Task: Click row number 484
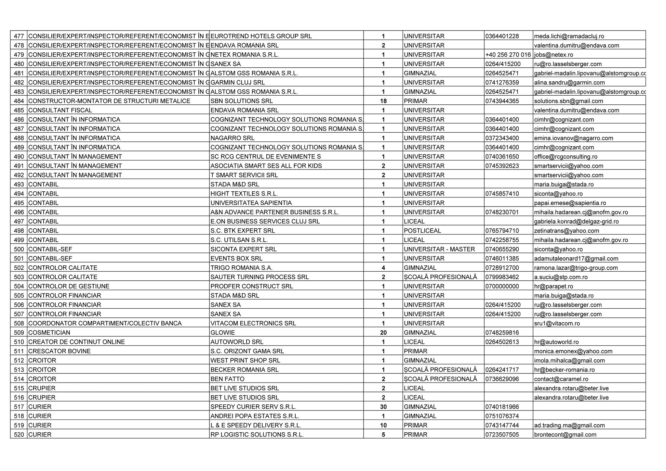(19, 101)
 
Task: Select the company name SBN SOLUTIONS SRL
(242, 101)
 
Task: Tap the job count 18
(383, 101)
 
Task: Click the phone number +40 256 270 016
(508, 55)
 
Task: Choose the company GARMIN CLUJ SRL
(238, 83)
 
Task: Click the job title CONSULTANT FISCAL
(60, 110)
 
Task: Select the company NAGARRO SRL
(233, 138)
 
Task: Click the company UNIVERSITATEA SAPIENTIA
(251, 203)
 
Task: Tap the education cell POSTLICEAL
(422, 231)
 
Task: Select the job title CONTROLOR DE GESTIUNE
(69, 287)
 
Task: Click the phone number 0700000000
(502, 287)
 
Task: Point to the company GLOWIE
(223, 333)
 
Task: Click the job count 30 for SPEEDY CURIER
(383, 407)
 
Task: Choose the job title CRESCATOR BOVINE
(60, 351)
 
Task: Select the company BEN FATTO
(227, 379)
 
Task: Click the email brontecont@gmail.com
(565, 435)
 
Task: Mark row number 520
(19, 435)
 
